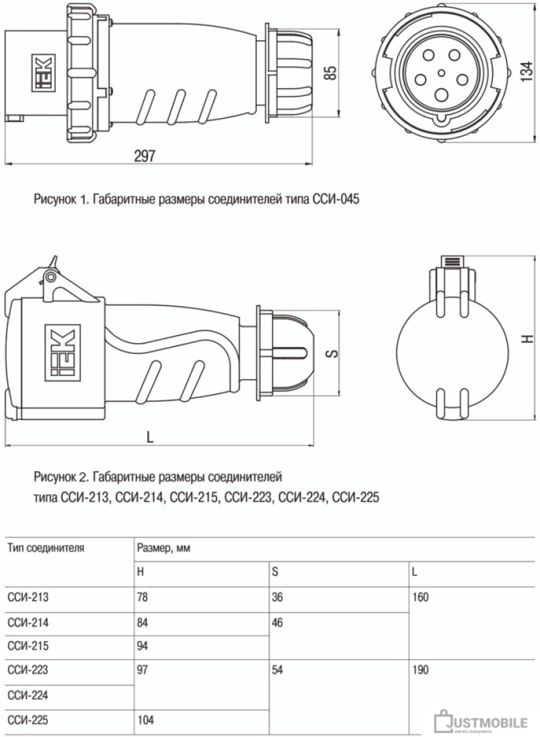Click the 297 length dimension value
click(x=144, y=155)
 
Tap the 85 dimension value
click(x=331, y=72)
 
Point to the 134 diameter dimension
click(x=527, y=72)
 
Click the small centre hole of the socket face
click(x=441, y=73)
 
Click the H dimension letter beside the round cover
click(x=528, y=338)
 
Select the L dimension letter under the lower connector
click(x=150, y=438)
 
